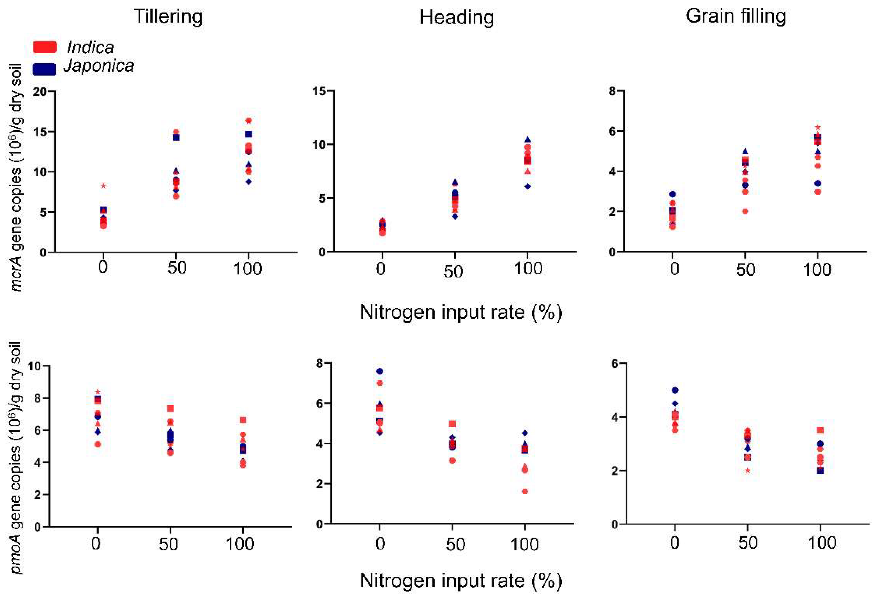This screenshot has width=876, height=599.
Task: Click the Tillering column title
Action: click(x=168, y=17)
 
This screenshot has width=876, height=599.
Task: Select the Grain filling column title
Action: click(x=736, y=16)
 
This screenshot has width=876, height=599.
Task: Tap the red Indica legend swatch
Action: click(x=45, y=47)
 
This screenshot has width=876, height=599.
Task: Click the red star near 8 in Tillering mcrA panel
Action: click(x=103, y=185)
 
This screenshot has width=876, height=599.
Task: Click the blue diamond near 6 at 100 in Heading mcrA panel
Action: click(x=528, y=186)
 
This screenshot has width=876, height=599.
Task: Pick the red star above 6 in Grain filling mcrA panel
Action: click(x=818, y=127)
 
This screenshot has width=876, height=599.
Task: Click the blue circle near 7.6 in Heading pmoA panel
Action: click(x=380, y=371)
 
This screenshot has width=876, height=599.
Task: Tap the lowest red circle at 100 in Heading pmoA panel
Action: click(x=525, y=491)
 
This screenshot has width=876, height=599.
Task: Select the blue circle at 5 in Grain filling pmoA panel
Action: click(x=675, y=390)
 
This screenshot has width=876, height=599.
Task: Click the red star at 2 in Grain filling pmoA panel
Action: click(x=748, y=470)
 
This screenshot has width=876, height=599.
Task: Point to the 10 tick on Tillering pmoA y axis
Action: click(x=37, y=366)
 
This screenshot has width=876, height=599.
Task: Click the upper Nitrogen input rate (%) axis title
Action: click(x=461, y=312)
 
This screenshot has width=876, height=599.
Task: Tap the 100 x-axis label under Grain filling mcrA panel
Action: click(x=817, y=269)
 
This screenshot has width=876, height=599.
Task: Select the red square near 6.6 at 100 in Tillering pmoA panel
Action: click(x=243, y=420)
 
